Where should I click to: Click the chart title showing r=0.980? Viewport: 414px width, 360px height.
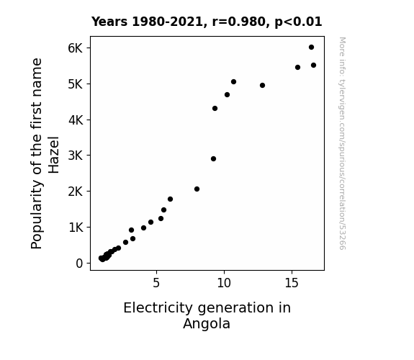tap(207, 22)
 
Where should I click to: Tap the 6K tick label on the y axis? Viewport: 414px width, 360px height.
tap(76, 48)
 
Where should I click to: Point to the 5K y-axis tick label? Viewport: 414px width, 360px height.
tap(76, 84)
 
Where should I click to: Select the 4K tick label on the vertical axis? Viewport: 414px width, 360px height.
tap(76, 120)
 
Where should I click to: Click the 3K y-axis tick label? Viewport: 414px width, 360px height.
tap(76, 156)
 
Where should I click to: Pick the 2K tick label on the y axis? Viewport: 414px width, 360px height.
tap(76, 192)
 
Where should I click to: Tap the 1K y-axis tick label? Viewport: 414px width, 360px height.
tap(76, 228)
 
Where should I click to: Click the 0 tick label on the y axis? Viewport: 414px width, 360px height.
tap(79, 264)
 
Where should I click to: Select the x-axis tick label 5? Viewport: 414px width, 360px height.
tap(156, 283)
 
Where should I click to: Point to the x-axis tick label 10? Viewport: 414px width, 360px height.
tap(224, 283)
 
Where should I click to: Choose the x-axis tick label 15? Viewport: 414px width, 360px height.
tap(292, 283)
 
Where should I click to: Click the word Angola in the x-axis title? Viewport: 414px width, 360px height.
tap(207, 323)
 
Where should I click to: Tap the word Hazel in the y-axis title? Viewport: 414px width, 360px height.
tap(54, 155)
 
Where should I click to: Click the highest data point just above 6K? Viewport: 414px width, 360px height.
tap(311, 48)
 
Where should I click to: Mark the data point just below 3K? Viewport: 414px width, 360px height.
tap(213, 158)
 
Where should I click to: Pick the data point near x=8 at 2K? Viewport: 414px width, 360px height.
tap(197, 189)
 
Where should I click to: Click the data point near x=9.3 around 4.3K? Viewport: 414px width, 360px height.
tap(215, 108)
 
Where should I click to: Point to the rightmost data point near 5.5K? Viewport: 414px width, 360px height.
tap(313, 66)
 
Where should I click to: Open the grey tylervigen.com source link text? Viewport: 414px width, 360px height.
tap(342, 143)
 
